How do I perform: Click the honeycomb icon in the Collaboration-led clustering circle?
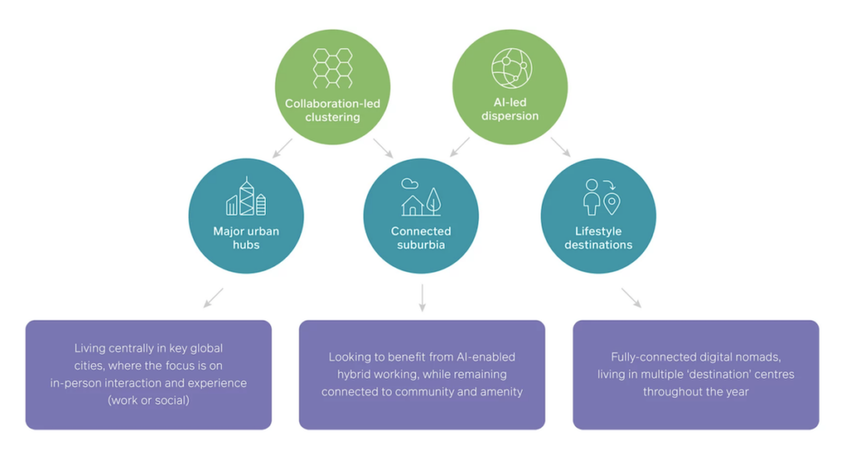(332, 68)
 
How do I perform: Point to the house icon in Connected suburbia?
(412, 204)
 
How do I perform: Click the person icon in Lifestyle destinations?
(591, 197)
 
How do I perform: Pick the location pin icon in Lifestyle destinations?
(612, 203)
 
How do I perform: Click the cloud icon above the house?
(409, 184)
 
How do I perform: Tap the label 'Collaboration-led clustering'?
(332, 110)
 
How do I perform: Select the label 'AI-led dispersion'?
(510, 110)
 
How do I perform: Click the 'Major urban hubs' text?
(246, 238)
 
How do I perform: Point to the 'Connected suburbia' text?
(421, 238)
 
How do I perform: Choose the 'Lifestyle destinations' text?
(598, 238)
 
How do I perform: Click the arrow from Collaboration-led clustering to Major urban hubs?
(283, 148)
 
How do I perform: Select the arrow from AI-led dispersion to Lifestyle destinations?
(560, 147)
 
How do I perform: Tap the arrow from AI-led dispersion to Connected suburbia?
(460, 147)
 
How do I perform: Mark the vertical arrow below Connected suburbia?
(422, 297)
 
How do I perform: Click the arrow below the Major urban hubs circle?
(214, 297)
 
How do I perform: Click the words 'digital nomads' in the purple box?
(739, 357)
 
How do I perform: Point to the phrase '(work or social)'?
(149, 400)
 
